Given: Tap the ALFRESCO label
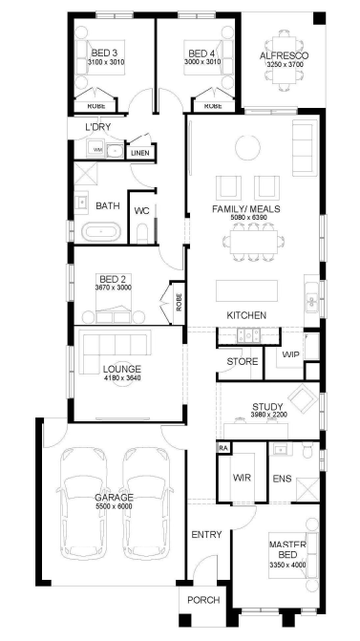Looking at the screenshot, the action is click(284, 56).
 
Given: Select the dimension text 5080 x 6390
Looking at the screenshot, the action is click(248, 218).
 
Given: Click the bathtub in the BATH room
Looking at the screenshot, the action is click(102, 232).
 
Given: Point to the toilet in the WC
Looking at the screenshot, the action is click(142, 234).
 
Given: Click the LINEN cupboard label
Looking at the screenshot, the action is click(140, 154).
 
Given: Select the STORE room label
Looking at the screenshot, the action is click(243, 361).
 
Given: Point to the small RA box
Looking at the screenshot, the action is click(223, 448).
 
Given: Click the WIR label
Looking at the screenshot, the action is click(242, 478).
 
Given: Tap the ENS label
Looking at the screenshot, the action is click(282, 478).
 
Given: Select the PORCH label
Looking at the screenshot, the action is click(203, 600).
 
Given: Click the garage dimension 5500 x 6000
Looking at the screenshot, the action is click(114, 506).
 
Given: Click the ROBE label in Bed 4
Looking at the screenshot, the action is click(213, 106).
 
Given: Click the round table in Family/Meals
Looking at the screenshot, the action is click(247, 147).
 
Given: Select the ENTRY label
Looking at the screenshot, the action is click(207, 534).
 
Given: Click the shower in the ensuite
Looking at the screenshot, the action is click(307, 489).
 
